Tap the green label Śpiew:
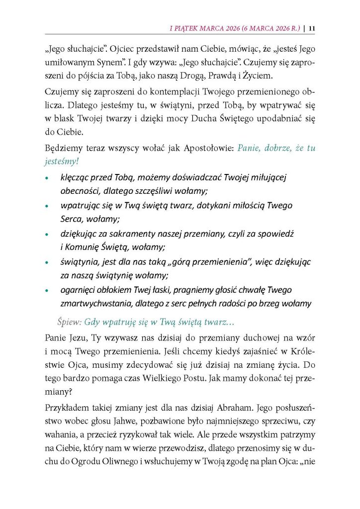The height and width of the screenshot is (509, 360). [x=70, y=322]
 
